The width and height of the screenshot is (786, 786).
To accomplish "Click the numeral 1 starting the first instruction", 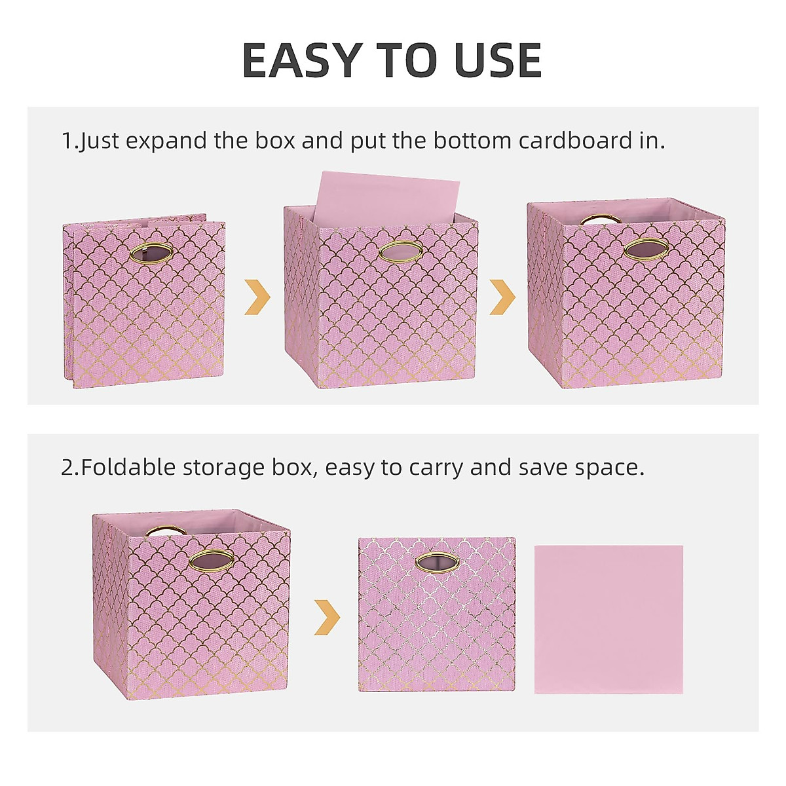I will click(x=67, y=141).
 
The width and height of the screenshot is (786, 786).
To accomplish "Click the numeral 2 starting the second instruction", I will click(x=68, y=468).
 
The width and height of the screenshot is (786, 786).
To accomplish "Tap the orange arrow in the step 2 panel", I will click(x=327, y=617).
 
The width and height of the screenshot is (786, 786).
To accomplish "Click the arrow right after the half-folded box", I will click(x=257, y=297).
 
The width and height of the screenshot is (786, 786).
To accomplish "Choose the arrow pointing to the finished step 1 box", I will click(x=502, y=297).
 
